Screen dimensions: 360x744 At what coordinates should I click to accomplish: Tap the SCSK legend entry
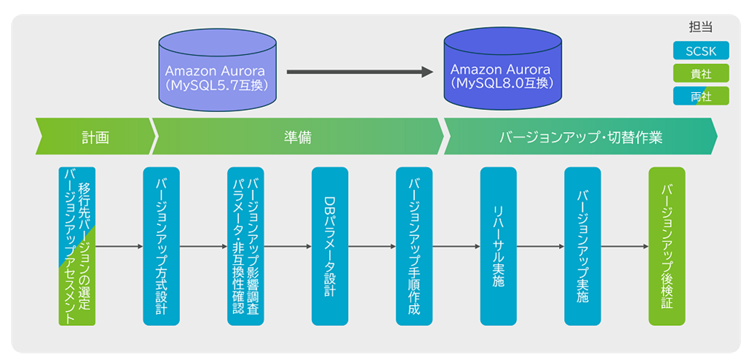(700, 51)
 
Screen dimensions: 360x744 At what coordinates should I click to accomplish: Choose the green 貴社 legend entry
(700, 73)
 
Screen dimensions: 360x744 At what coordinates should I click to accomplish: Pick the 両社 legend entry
(700, 96)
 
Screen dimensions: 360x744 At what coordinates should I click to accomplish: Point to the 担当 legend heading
(700, 27)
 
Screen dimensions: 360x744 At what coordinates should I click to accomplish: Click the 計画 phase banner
(96, 137)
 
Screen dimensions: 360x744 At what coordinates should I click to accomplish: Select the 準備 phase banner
(297, 137)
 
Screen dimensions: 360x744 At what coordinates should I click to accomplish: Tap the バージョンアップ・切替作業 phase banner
(580, 137)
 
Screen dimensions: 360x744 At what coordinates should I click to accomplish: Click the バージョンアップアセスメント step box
(77, 246)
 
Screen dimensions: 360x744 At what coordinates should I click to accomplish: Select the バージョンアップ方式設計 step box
(161, 246)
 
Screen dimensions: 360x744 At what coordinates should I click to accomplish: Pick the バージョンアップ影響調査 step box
(246, 246)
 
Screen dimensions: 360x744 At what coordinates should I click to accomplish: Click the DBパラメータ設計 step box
(330, 246)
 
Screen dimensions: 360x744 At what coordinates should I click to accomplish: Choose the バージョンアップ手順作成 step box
(414, 246)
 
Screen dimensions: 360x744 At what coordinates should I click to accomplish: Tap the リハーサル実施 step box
(498, 246)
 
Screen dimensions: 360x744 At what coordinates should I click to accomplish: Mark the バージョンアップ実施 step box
(582, 246)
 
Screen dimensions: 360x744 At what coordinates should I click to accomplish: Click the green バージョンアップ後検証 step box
(667, 246)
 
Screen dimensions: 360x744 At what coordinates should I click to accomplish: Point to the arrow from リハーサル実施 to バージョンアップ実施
(540, 246)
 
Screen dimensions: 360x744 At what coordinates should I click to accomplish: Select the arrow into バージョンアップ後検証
(624, 246)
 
